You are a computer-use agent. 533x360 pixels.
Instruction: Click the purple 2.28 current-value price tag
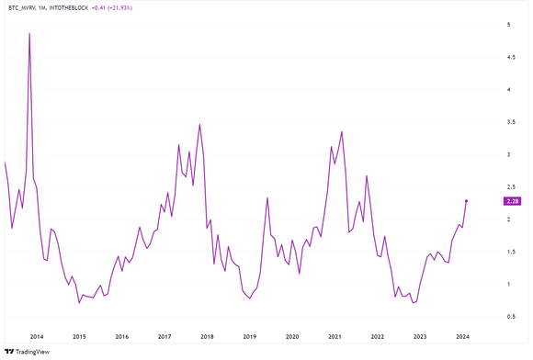click(512, 201)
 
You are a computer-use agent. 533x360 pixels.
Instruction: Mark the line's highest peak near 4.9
click(29, 34)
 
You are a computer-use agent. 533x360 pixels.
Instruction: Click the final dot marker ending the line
click(466, 201)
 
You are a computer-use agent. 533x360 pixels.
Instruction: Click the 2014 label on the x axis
click(36, 336)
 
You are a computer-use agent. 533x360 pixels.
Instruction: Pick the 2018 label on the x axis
click(207, 336)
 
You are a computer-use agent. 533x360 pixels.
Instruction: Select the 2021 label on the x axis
click(335, 336)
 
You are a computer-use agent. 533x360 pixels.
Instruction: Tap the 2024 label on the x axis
click(462, 336)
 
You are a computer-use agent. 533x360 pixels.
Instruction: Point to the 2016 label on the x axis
click(121, 336)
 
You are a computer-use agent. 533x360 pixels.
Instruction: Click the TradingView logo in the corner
click(28, 350)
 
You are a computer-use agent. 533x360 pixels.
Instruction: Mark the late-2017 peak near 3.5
click(199, 124)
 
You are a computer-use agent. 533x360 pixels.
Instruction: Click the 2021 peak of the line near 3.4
click(342, 131)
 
